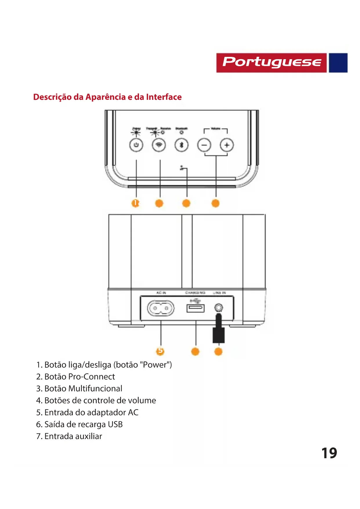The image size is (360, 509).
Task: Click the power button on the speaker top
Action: coord(136,145)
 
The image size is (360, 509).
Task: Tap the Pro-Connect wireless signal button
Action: coord(159,145)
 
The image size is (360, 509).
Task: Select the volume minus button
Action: coord(204,145)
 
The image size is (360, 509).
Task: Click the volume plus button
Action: coord(227,145)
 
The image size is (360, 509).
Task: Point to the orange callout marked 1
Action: coord(135,203)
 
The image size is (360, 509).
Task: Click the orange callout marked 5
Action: coord(160,351)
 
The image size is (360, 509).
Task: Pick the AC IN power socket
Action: coord(161,308)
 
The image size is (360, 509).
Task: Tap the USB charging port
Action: coord(195,308)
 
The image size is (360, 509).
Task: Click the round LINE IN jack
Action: coord(219,307)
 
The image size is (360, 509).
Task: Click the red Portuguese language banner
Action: coord(272,63)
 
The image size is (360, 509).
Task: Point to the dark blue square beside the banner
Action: coord(338,63)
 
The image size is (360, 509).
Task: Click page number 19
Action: coord(329,453)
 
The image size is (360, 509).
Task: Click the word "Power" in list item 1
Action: coord(156,365)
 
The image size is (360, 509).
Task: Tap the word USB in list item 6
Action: coord(115,424)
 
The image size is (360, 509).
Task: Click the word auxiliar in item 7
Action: coord(88,436)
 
